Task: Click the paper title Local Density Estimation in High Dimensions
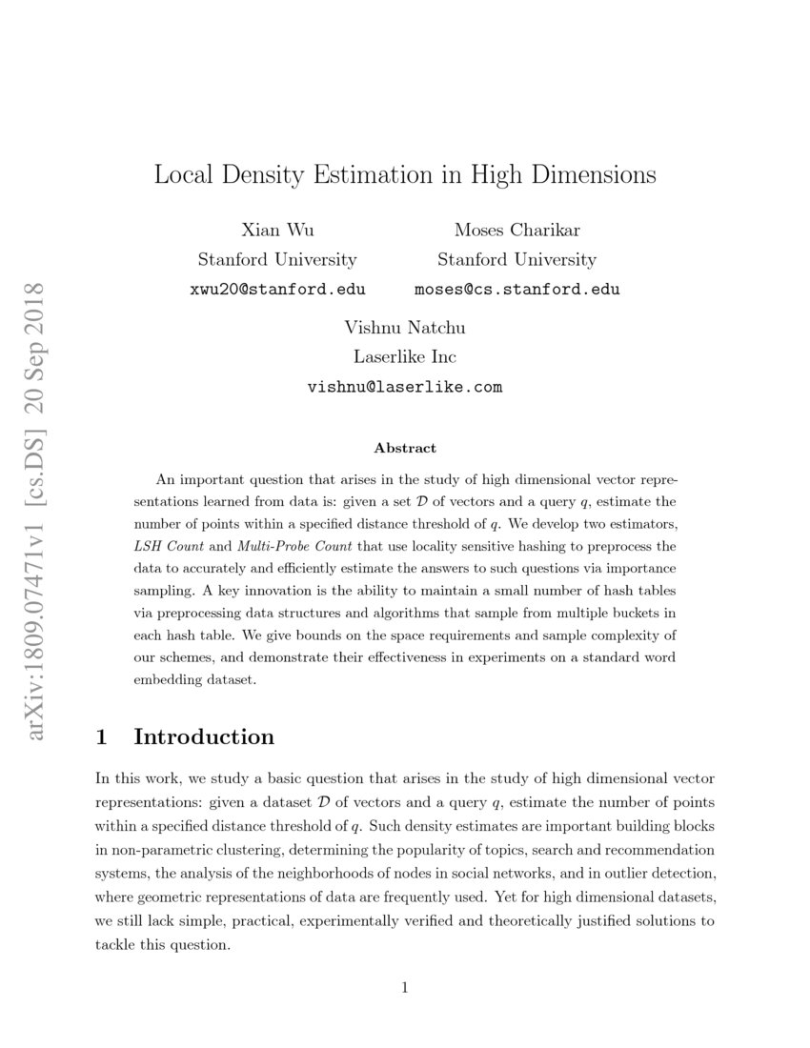405,175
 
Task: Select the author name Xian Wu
277,230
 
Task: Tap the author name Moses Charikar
516,230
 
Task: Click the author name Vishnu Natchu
405,328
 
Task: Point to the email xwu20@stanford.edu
277,289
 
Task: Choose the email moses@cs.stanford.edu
516,289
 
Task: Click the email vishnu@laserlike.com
405,387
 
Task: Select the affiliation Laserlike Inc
405,357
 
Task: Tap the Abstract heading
405,448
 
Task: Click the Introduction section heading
204,736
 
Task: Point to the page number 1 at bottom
405,988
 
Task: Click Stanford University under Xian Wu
277,259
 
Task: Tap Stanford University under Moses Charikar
516,259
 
